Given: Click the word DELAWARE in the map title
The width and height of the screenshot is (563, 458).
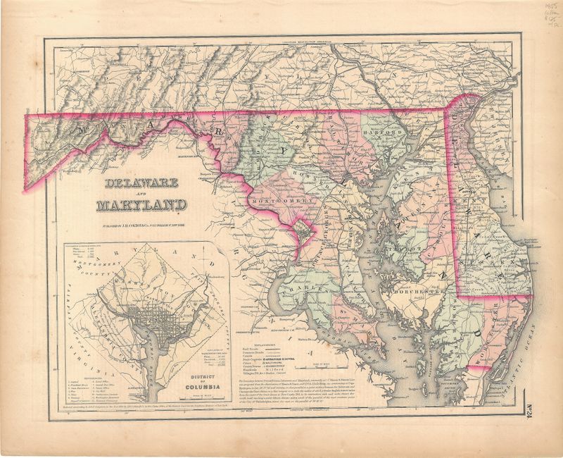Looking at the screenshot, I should coord(143,185).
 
